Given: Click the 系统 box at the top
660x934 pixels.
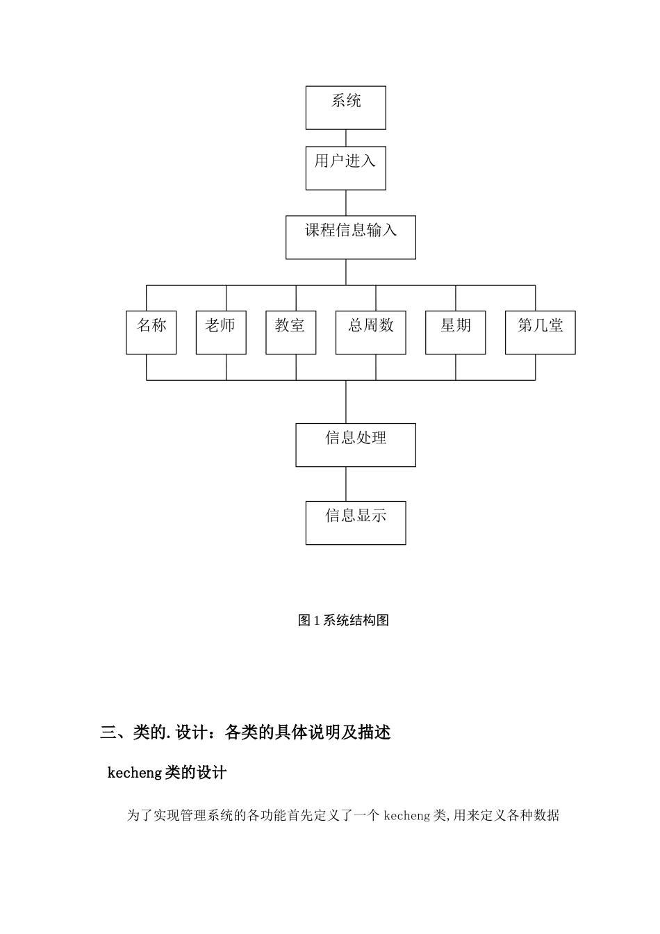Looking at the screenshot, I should tap(345, 108).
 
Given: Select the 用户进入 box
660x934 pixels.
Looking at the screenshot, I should tap(345, 167).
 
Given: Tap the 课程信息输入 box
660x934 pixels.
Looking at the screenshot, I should tap(350, 237).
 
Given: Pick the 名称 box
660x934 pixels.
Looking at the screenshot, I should tap(151, 333).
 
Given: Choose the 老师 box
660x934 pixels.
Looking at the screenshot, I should tap(221, 333).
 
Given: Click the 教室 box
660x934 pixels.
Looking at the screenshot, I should tap(290, 333).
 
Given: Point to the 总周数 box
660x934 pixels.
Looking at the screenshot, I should tap(370, 333).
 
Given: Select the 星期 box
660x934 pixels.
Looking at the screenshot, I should tap(455, 333).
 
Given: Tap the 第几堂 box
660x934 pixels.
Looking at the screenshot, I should tap(540, 333).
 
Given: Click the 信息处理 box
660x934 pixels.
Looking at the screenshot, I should tap(355, 445).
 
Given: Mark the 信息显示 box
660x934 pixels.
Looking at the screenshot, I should tap(355, 523).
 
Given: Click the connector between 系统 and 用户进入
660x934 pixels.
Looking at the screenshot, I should tap(346, 138).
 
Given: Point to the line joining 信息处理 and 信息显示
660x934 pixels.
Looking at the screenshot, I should tap(346, 484).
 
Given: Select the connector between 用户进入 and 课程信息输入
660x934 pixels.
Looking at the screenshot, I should tap(346, 202).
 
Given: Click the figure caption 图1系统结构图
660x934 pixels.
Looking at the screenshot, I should tap(343, 621).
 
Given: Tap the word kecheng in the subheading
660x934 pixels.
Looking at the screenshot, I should tap(135, 773).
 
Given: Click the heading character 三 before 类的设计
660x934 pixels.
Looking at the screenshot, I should tap(108, 732).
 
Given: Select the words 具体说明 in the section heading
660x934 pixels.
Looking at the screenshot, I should tap(306, 732).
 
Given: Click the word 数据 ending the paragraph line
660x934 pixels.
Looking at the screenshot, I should tap(547, 815).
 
